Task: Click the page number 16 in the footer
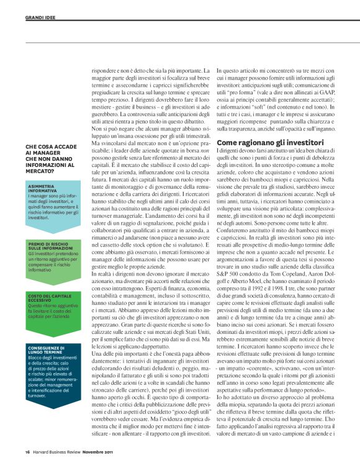[27, 451]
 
